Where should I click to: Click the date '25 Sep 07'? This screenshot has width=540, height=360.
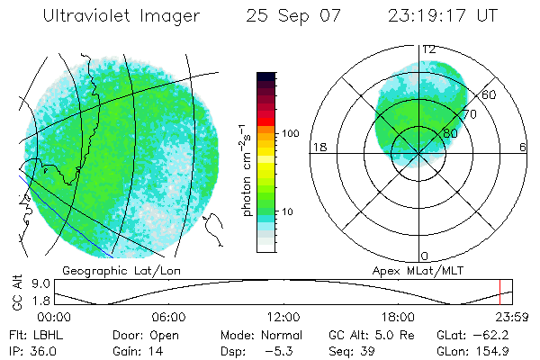(283, 16)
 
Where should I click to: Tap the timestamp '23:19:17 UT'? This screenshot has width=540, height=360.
(441, 16)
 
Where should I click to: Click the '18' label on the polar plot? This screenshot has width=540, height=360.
(318, 147)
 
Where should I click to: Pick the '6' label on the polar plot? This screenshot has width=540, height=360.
(523, 147)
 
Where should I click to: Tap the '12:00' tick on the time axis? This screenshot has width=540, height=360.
(283, 317)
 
